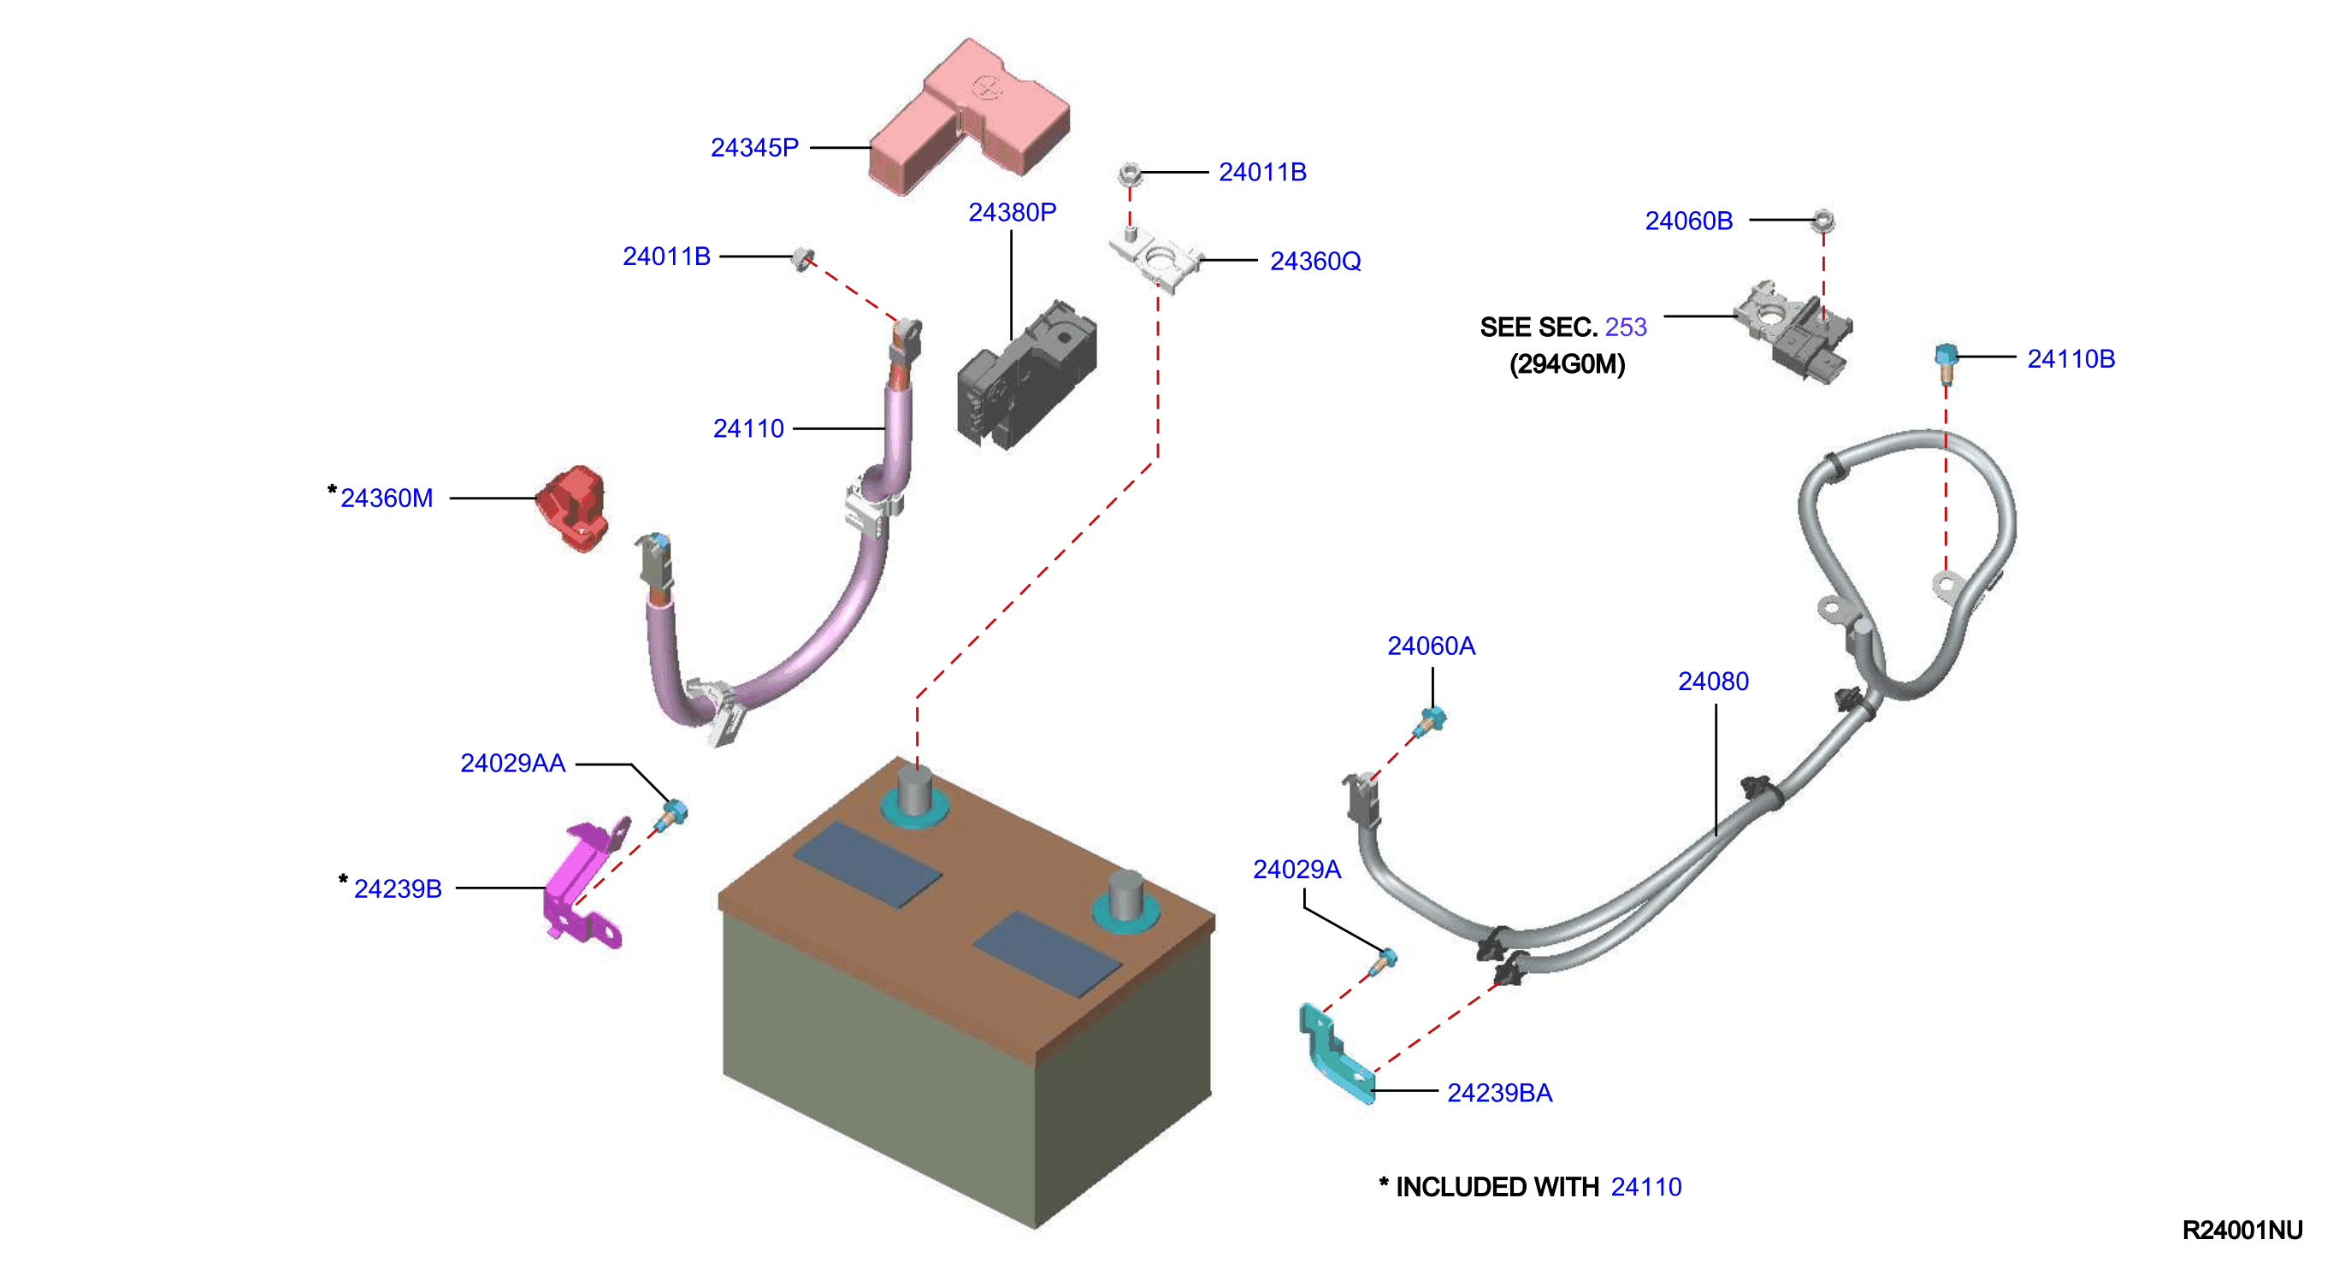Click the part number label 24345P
coord(753,147)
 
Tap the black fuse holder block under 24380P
coord(1026,375)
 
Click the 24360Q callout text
coord(1315,262)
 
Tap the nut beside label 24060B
coord(1822,221)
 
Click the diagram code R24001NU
coord(2242,1230)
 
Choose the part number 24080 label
coord(1713,681)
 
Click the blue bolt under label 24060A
coord(1429,721)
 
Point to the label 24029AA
coord(512,763)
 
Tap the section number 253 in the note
coord(1626,327)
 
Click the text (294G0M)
coord(1567,364)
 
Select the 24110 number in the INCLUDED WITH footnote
coord(1646,1187)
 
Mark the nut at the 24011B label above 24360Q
coord(1129,173)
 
